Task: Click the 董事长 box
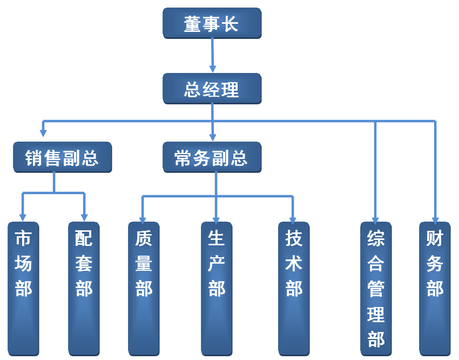[212, 23]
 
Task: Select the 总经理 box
[212, 89]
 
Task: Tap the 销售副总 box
[62, 157]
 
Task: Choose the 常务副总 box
[212, 157]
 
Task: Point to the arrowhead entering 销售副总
[43, 132]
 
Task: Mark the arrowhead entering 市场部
[23, 216]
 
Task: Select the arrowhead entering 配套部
[84, 216]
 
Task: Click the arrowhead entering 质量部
[143, 218]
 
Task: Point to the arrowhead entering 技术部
[293, 218]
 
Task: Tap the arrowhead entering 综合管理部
[376, 218]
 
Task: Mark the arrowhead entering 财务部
[435, 218]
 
